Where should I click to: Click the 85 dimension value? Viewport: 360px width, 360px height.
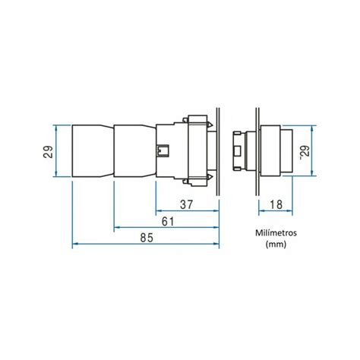click(x=147, y=238)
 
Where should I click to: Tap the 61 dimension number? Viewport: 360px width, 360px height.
click(x=168, y=222)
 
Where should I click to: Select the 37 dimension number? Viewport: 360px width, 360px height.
click(x=186, y=204)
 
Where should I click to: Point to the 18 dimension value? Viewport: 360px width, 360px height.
click(x=276, y=204)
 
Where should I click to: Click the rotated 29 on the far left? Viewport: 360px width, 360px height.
click(x=48, y=151)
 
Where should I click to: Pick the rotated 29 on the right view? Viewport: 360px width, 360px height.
click(x=305, y=152)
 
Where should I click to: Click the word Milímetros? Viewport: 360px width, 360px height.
click(x=276, y=232)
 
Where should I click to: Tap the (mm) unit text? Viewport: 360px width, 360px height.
click(x=276, y=245)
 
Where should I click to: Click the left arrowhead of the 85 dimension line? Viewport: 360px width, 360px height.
click(x=75, y=244)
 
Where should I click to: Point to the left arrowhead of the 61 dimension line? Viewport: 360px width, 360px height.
click(x=117, y=227)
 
